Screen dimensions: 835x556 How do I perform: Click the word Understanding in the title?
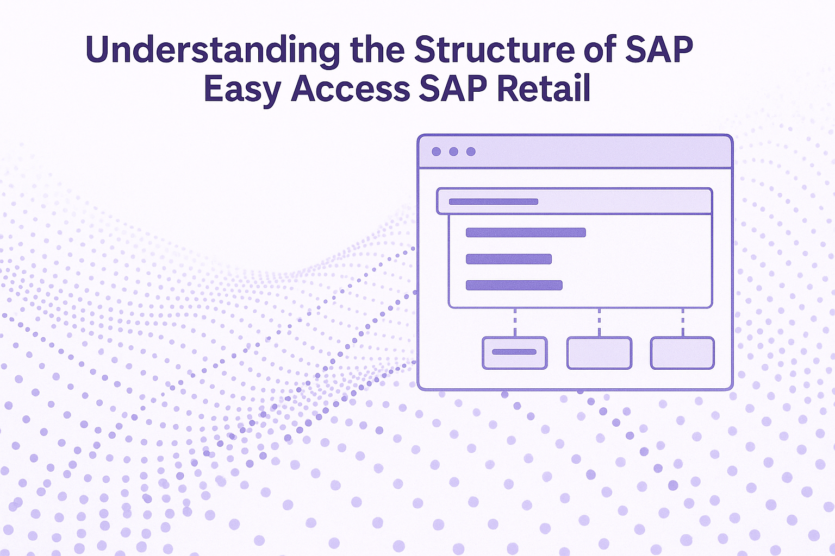[213, 51]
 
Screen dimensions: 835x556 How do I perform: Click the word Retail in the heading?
[544, 89]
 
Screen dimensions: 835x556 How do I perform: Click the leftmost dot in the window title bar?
[436, 151]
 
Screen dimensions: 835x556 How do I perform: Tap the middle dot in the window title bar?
[453, 151]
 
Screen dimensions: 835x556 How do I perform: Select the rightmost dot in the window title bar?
[471, 151]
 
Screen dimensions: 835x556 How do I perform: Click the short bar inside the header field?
[494, 201]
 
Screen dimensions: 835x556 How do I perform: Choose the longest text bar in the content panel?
[526, 233]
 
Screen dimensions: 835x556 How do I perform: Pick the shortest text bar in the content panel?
[508, 259]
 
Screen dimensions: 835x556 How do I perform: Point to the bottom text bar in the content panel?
[514, 285]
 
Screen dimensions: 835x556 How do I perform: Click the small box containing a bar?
[514, 353]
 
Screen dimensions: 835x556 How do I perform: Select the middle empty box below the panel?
[599, 353]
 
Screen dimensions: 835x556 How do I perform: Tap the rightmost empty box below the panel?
[682, 353]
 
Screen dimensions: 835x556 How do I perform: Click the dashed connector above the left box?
[515, 323]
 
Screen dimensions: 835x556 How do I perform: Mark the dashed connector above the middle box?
[599, 323]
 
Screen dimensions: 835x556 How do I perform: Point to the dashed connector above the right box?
[683, 323]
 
